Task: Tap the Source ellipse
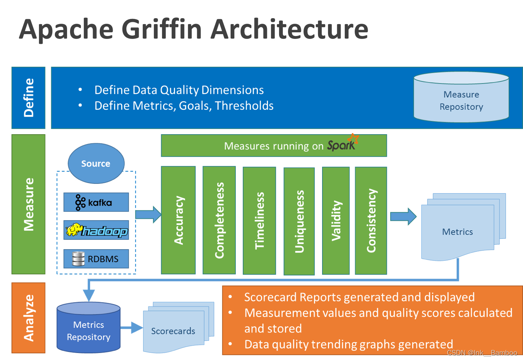(96, 164)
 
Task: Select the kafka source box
(96, 202)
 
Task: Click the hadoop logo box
(96, 230)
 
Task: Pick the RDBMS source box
(96, 259)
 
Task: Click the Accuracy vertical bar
(178, 220)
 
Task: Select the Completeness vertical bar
(219, 220)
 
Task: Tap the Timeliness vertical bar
(259, 220)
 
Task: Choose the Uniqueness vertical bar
(299, 221)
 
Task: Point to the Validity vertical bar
(336, 220)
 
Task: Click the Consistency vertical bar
(371, 220)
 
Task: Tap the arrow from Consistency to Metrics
(403, 216)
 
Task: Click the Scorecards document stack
(173, 330)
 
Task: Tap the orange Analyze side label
(29, 318)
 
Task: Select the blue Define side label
(29, 98)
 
